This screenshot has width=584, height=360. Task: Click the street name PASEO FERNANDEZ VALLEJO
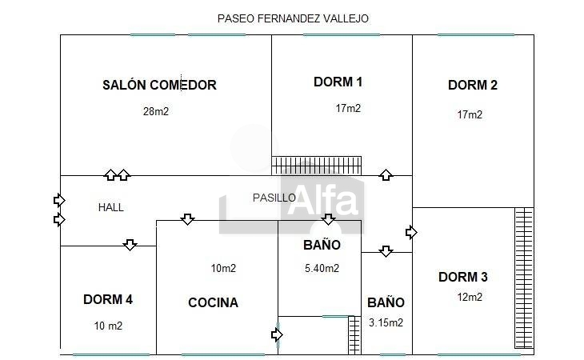293,18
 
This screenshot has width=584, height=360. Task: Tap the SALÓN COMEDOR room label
160,85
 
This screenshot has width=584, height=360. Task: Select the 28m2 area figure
156,112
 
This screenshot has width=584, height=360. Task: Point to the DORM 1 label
338,82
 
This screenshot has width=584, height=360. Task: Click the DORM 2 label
473,85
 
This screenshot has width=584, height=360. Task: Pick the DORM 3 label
463,278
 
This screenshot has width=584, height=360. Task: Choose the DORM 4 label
108,300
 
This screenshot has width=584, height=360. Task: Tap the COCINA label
213,302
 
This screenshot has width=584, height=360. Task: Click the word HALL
111,207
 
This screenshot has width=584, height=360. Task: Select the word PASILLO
274,198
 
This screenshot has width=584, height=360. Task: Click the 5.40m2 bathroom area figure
322,268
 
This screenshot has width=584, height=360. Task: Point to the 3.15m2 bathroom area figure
386,323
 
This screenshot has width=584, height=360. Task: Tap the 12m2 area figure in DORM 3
470,298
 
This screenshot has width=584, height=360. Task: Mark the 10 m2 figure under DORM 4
108,326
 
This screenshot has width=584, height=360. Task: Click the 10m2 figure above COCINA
223,269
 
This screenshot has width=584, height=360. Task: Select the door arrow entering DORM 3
411,232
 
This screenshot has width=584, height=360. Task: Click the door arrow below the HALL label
130,244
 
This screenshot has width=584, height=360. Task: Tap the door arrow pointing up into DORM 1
386,174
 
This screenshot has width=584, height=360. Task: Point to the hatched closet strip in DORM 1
317,165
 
